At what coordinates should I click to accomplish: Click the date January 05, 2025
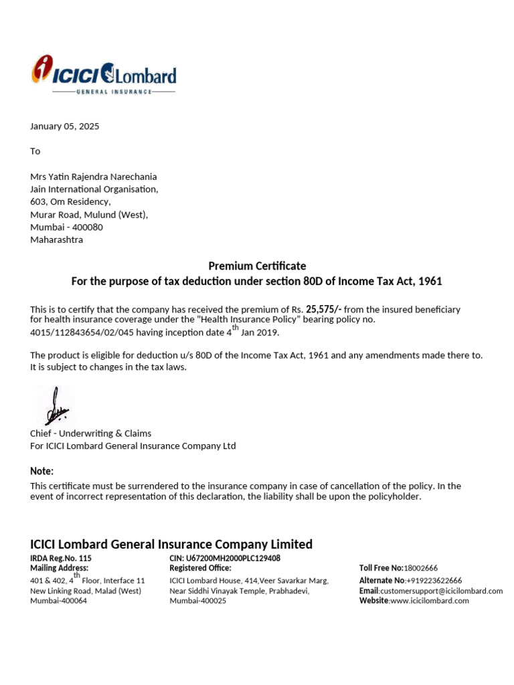[x=65, y=126]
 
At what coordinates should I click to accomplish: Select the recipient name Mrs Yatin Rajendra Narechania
[x=94, y=177]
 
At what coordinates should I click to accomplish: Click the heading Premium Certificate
[x=257, y=266]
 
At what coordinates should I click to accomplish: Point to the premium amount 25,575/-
[x=324, y=309]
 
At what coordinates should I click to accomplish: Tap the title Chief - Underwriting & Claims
[x=91, y=433]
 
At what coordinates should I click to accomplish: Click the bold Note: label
[x=41, y=471]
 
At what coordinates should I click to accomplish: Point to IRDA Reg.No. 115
[x=61, y=558]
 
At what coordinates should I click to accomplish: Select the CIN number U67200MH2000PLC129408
[x=225, y=558]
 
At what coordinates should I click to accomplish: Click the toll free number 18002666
[x=421, y=568]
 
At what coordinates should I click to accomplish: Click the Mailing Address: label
[x=59, y=568]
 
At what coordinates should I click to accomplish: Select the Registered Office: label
[x=200, y=568]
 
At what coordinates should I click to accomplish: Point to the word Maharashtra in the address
[x=57, y=239]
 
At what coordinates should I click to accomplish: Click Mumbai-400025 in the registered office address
[x=198, y=601]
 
